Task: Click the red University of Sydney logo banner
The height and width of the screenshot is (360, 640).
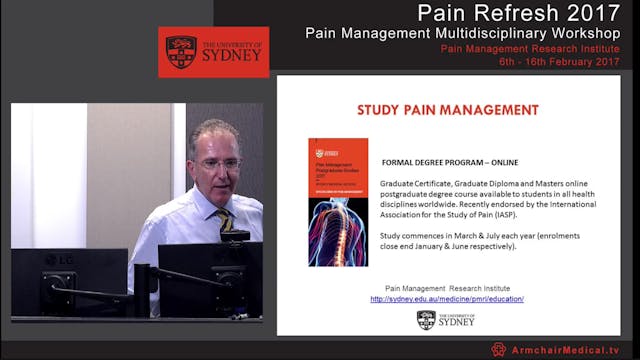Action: click(213, 52)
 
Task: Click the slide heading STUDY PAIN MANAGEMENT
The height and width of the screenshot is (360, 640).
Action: click(447, 110)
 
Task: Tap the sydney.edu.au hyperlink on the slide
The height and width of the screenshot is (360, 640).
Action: click(447, 299)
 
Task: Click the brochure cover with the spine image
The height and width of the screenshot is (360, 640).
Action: click(337, 202)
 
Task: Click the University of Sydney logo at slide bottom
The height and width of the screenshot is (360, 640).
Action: click(447, 319)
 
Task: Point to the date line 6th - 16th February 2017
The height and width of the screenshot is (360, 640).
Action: click(564, 61)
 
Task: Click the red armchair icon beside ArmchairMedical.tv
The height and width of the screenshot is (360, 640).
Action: click(498, 350)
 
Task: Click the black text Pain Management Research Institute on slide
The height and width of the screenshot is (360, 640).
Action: click(446, 288)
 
